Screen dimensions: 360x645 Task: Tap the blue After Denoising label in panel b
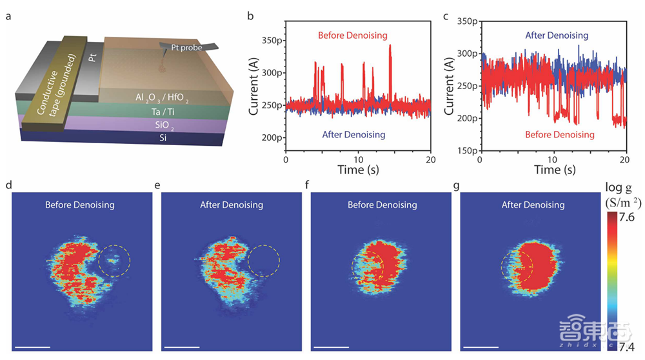point(353,135)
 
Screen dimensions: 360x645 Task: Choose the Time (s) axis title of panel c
point(551,170)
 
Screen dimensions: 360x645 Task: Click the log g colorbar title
point(618,188)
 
